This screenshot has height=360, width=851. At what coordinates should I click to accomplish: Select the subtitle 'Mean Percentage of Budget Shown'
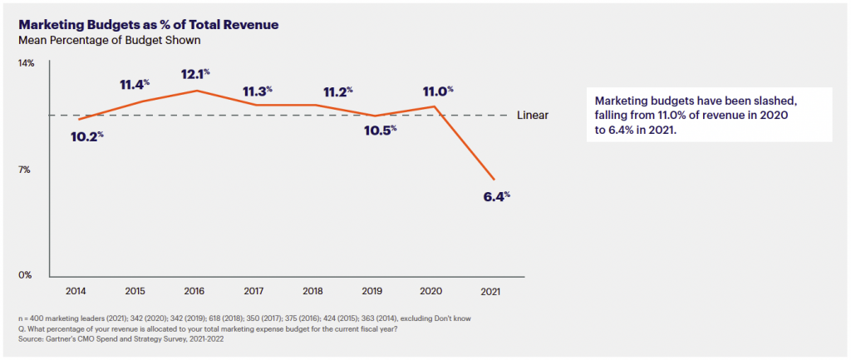[x=109, y=39]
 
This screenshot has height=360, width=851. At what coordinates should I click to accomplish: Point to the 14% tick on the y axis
[x=27, y=63]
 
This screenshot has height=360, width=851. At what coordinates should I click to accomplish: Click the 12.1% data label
[x=199, y=75]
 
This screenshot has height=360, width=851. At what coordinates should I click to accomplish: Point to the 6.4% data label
[x=496, y=198]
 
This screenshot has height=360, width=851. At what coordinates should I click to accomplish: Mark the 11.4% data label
[x=135, y=84]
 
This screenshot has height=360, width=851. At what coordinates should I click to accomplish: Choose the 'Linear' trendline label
[x=533, y=116]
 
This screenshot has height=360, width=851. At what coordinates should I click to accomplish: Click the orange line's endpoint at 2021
[x=494, y=179]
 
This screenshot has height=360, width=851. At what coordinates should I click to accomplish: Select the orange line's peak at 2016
[x=195, y=90]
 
